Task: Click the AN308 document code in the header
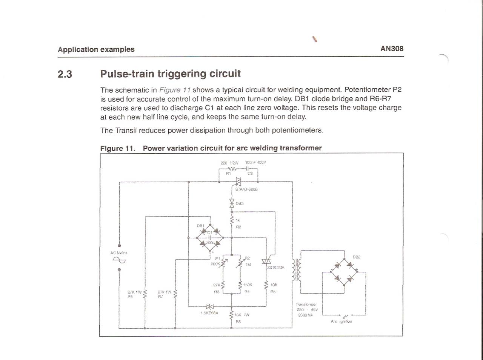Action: pos(392,49)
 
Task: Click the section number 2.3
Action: pos(65,74)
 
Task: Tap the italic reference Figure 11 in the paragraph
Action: pos(175,90)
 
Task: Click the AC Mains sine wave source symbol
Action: pos(119,260)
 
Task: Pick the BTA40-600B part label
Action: pos(246,189)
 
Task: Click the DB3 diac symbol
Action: pos(232,203)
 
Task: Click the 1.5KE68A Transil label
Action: pos(209,313)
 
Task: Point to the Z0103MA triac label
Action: pos(276,268)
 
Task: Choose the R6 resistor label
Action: pos(130,297)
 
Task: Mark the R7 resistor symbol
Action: pos(175,293)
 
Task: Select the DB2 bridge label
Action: pos(357,257)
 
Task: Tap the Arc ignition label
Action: pos(341,322)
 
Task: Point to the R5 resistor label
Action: pos(273,292)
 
